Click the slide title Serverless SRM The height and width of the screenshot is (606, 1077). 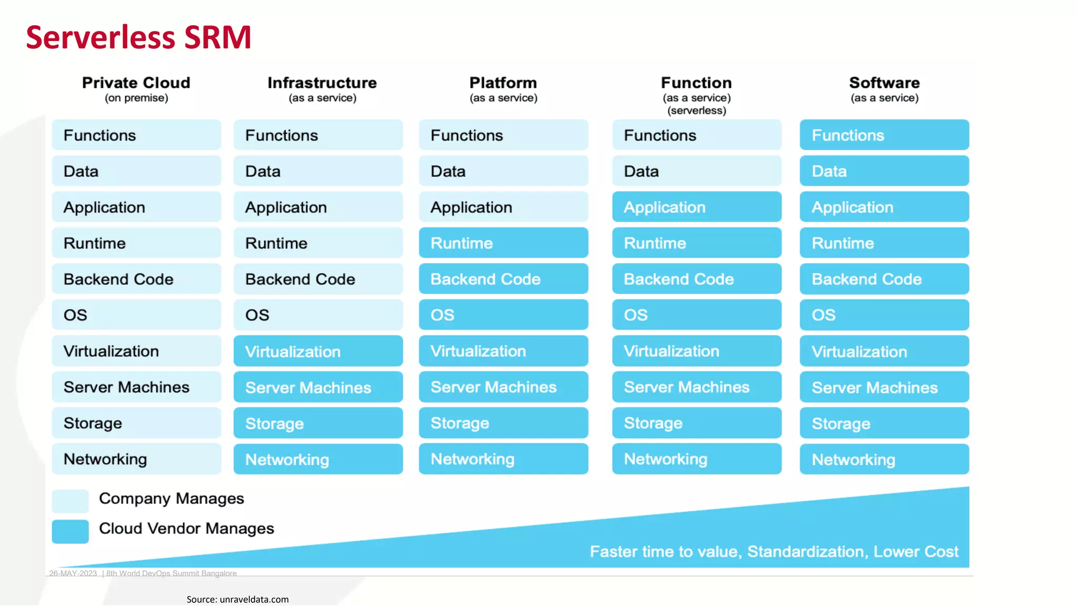(x=138, y=37)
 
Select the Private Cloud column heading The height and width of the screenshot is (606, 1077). (x=136, y=83)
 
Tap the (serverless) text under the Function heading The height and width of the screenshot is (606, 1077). (x=696, y=110)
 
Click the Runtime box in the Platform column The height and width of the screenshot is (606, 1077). (x=503, y=243)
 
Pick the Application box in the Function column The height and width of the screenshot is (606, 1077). (x=696, y=207)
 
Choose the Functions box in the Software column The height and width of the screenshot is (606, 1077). (x=884, y=135)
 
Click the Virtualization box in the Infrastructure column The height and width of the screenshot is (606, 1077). (x=318, y=351)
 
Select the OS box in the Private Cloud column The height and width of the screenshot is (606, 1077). (x=136, y=315)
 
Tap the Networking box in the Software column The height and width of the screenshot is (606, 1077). (x=884, y=459)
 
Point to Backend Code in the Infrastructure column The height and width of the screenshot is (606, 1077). (x=318, y=279)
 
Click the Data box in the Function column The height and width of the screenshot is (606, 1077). (x=696, y=171)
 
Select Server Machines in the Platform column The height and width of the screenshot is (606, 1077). (x=503, y=387)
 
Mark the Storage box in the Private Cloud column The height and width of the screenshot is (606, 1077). (x=136, y=423)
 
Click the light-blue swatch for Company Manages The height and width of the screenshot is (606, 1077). (x=70, y=501)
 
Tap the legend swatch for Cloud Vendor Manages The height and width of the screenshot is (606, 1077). (x=70, y=531)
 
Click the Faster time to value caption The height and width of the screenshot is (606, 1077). (x=774, y=551)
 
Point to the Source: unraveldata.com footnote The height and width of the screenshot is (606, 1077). (x=237, y=599)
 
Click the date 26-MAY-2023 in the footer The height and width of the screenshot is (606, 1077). (x=73, y=573)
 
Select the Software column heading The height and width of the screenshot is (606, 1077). (x=884, y=83)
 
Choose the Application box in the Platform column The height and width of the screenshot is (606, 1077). (x=503, y=207)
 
